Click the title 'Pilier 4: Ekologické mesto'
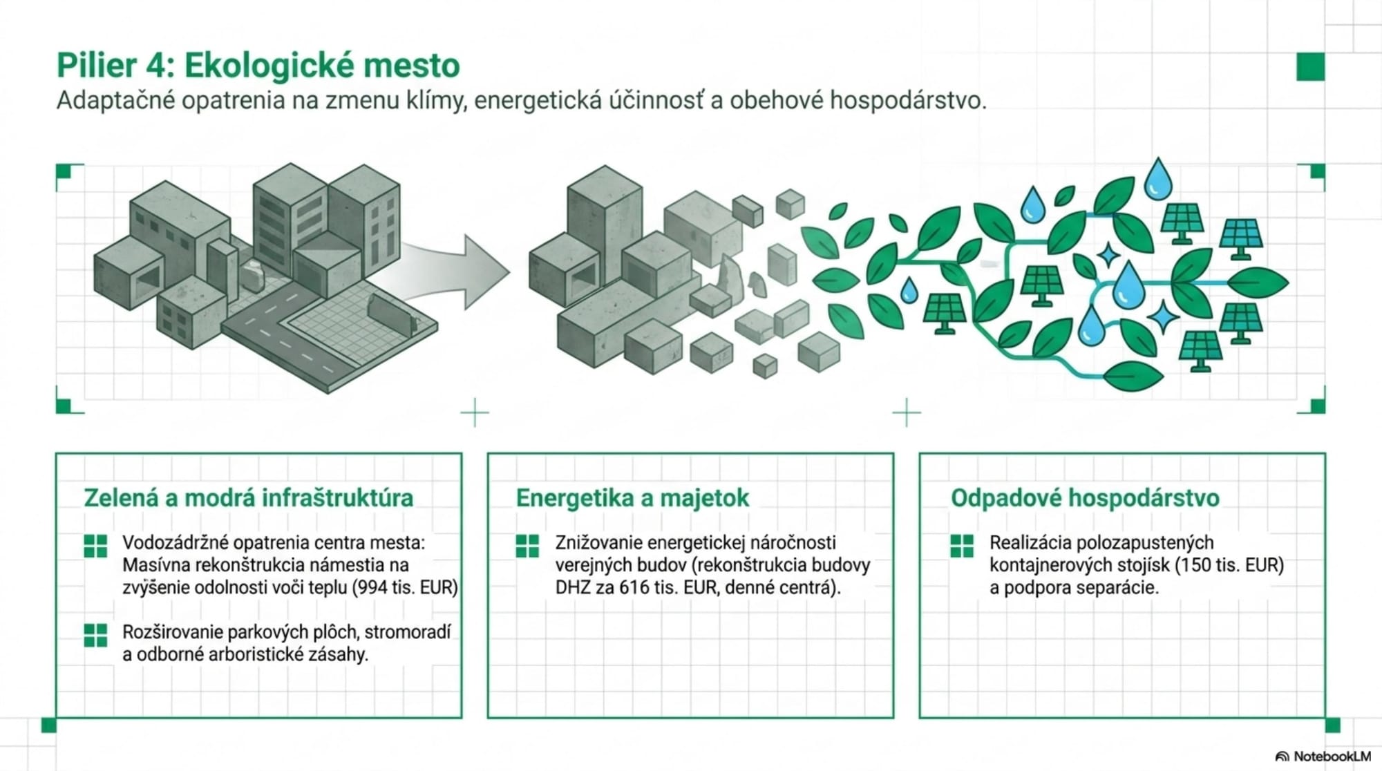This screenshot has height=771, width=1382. point(258,66)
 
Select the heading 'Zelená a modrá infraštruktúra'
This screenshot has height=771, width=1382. point(248,498)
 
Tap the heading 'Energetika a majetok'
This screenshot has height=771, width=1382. point(632,498)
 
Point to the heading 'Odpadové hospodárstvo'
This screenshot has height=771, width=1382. point(1085,498)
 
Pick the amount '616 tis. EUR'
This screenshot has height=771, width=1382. point(669,588)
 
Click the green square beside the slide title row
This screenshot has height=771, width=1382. point(1310,67)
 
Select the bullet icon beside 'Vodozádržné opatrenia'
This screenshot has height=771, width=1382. point(95,546)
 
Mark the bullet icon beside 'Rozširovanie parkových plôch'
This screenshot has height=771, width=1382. point(95,635)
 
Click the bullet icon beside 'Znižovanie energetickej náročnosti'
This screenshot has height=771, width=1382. point(527,546)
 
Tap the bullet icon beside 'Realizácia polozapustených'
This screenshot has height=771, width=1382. point(961,546)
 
